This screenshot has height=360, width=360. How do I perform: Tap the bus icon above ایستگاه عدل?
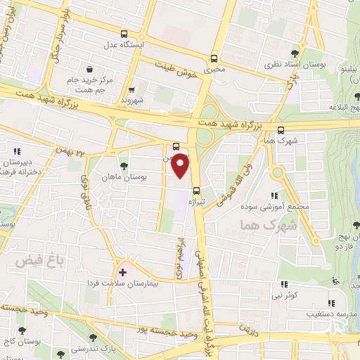[x=124, y=34]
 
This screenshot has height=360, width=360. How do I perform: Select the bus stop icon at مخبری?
[x=214, y=59]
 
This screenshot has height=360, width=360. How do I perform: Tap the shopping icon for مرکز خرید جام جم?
[x=90, y=69]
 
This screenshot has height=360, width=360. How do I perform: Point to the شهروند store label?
[x=131, y=101]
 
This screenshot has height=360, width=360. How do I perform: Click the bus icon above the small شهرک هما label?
[x=281, y=129]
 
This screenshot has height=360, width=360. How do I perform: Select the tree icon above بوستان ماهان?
[x=124, y=166]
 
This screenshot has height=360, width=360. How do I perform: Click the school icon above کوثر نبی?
[x=284, y=284]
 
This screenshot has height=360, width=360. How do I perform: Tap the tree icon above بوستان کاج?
[x=22, y=330]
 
